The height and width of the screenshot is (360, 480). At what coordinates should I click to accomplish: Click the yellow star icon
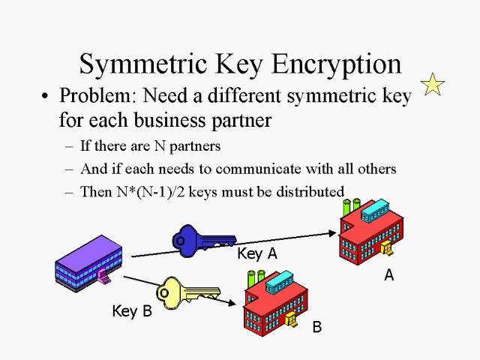433,84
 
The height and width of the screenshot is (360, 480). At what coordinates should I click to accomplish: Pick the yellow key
183,292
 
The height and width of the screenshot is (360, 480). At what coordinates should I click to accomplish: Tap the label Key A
257,254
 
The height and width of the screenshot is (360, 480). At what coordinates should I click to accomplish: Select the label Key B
132,310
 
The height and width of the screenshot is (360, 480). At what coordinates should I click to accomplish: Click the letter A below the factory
388,275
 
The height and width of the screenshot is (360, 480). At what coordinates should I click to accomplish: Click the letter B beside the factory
316,327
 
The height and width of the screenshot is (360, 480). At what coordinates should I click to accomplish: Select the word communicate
241,169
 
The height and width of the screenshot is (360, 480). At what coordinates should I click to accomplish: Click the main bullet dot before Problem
46,97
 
